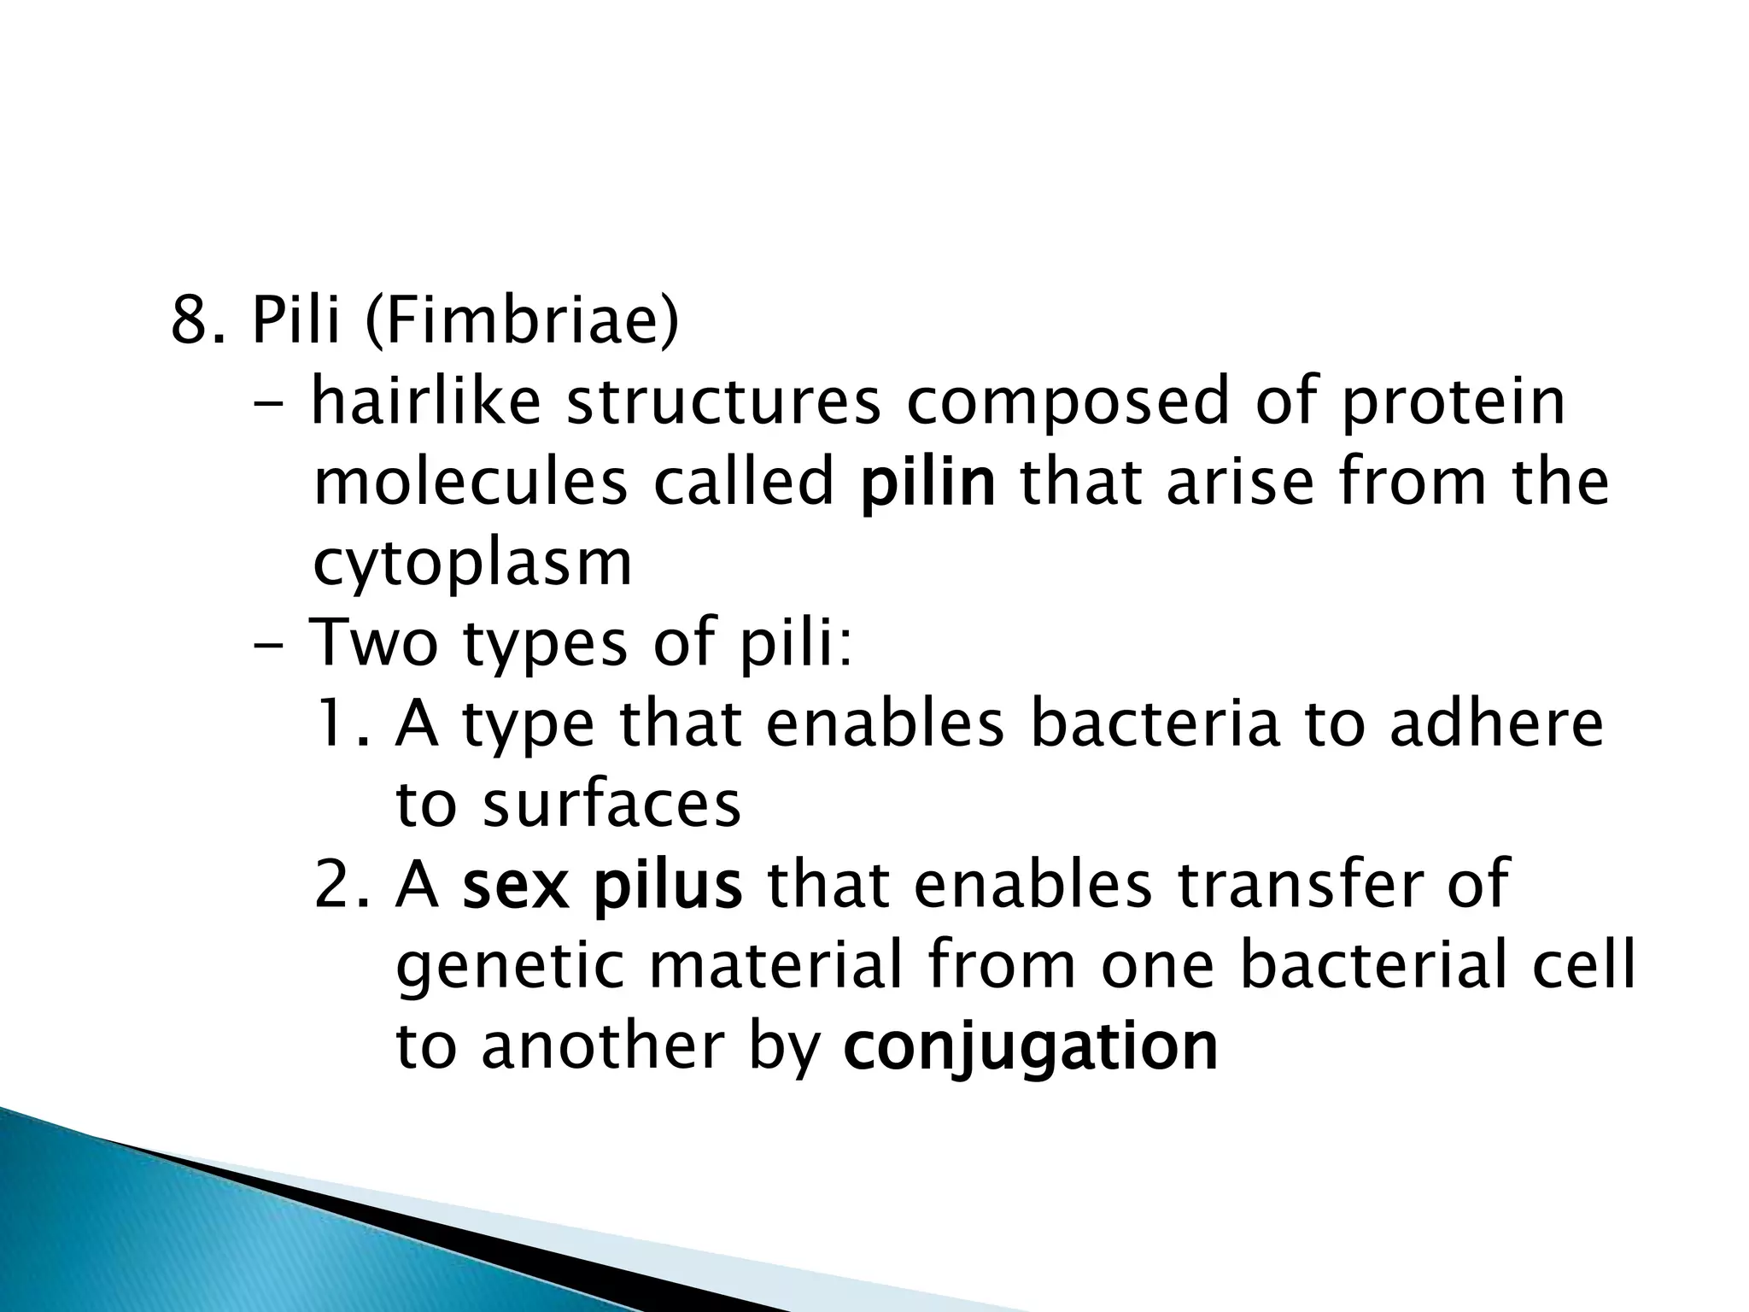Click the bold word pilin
[927, 483]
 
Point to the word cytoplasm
[472, 565]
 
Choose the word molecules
[471, 483]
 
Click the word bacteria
[1155, 723]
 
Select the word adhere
[1496, 723]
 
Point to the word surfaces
[611, 805]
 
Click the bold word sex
[515, 886]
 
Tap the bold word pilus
[668, 886]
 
